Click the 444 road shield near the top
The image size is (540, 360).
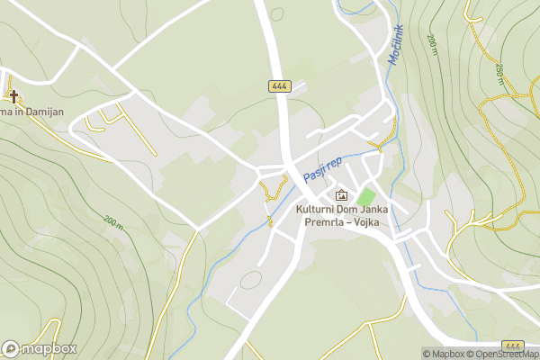278,85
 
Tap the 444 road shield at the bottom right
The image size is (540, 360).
514,346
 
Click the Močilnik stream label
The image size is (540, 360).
396,43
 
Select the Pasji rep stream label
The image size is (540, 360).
322,166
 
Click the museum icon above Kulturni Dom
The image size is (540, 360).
341,195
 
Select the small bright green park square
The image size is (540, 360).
365,196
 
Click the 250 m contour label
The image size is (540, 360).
499,71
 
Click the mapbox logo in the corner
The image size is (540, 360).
40,348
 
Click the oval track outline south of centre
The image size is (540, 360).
250,281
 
